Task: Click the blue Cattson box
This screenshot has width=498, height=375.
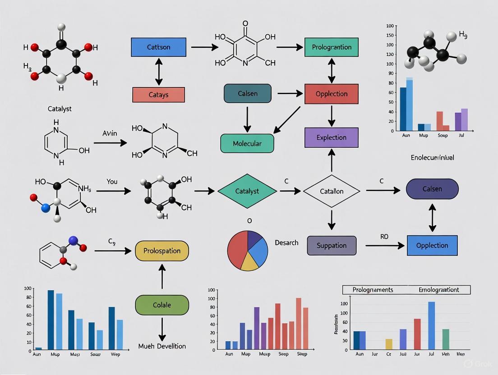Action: [x=158, y=47]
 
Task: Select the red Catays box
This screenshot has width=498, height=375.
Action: [x=158, y=95]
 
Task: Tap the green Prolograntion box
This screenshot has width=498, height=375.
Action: [x=332, y=47]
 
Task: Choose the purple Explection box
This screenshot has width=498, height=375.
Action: [x=332, y=137]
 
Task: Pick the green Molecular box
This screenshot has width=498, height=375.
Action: [x=247, y=143]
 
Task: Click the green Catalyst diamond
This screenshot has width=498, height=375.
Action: [x=247, y=191]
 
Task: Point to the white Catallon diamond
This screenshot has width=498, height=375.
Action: [x=332, y=191]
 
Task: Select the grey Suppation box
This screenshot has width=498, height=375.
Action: [x=332, y=246]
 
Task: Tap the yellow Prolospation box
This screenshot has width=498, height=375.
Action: [x=162, y=251]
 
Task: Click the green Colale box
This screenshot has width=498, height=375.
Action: [x=162, y=305]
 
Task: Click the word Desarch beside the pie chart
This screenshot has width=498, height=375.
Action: [x=286, y=243]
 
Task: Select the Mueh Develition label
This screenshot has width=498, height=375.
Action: [x=162, y=346]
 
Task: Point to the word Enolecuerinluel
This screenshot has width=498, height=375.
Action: [x=432, y=158]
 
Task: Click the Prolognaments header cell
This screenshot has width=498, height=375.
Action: [x=373, y=290]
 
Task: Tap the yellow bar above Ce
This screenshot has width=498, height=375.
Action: [x=389, y=344]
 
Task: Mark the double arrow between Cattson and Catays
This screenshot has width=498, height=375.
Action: [x=158, y=71]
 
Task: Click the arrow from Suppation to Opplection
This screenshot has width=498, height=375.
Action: [x=384, y=246]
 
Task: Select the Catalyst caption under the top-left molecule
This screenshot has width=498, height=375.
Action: [x=60, y=109]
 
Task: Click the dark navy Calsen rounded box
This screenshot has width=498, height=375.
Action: [x=432, y=189]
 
